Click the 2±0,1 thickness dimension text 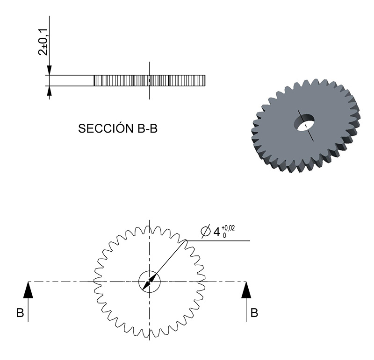tap(43, 42)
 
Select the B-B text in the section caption tap(147, 129)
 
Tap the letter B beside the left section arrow tap(20, 312)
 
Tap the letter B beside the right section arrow tap(254, 312)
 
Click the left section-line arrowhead tap(28, 290)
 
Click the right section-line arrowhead tap(246, 290)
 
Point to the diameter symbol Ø tap(206, 231)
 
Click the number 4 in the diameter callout tap(216, 232)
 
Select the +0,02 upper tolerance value tap(228, 228)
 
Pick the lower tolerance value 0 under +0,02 tap(224, 235)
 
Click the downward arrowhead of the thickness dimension tap(50, 70)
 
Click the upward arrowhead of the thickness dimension tap(50, 91)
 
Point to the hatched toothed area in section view tap(150, 80)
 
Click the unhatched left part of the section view tap(72, 80)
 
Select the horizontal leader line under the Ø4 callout tap(218, 240)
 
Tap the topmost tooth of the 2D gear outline tap(150, 224)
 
